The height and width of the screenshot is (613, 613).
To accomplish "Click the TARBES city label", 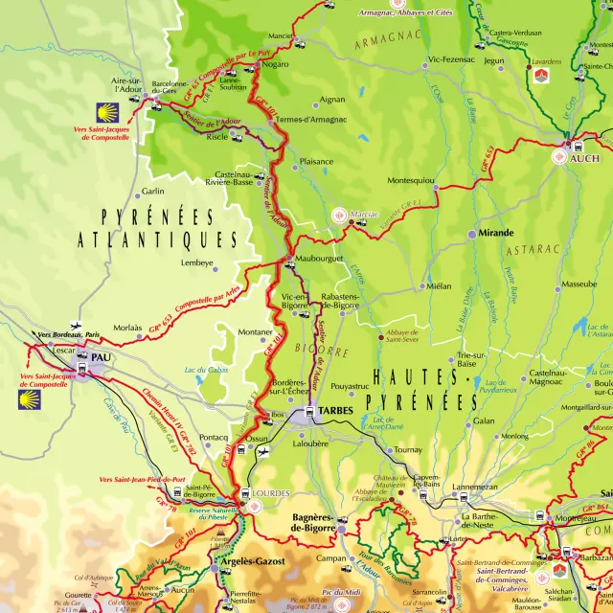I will [336, 411].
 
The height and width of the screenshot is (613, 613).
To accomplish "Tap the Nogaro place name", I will [276, 64].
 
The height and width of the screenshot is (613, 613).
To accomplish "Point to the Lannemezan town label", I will [476, 487].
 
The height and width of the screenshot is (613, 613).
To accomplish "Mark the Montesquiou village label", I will [411, 181].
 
